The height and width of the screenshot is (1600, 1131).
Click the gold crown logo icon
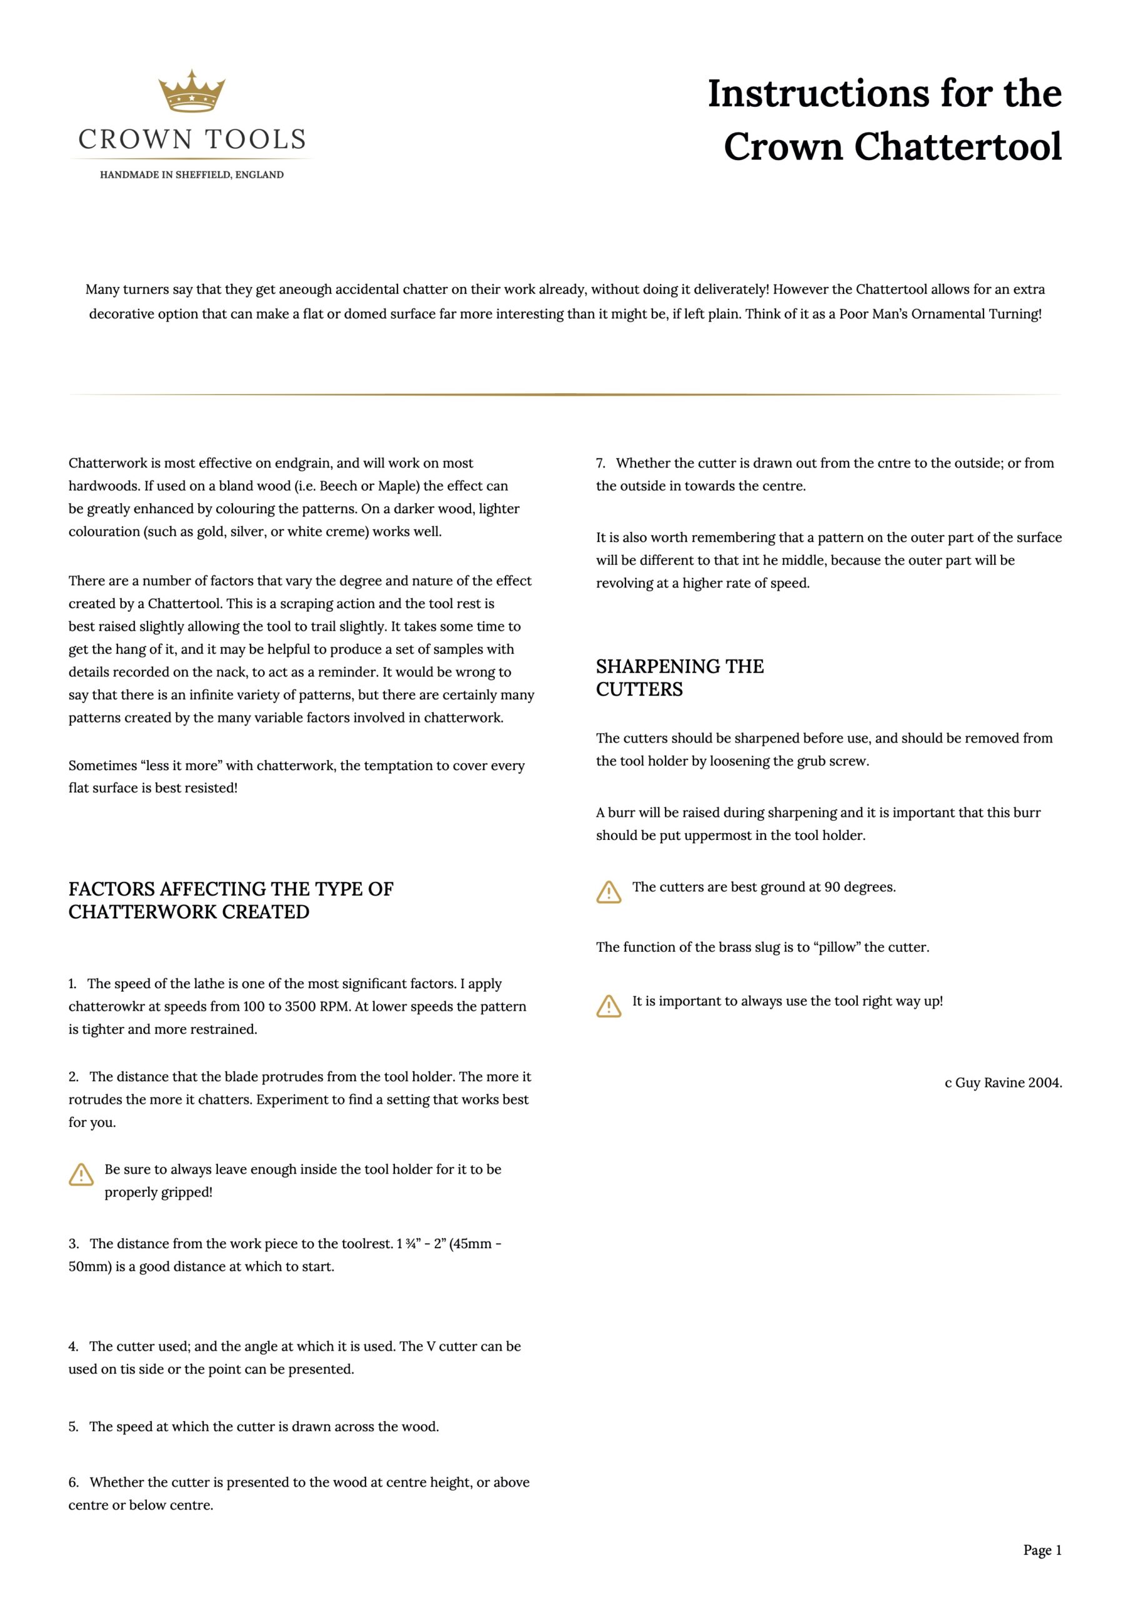tap(192, 91)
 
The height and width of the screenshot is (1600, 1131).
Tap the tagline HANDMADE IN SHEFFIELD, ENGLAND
tap(192, 175)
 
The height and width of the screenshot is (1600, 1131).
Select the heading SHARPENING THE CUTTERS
tap(679, 677)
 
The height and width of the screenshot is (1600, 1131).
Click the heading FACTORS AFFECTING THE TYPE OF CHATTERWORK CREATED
tap(231, 901)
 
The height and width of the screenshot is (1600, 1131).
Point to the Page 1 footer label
tap(1042, 1550)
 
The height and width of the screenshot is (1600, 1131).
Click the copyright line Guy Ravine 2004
tap(1003, 1083)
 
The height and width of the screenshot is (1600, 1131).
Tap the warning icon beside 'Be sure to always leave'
tap(81, 1175)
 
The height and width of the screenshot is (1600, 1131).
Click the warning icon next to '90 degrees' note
tap(609, 892)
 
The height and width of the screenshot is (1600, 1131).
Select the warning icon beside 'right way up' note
tap(609, 1006)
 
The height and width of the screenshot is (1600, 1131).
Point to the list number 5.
tap(73, 1427)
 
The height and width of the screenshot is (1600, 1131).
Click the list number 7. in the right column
tap(600, 463)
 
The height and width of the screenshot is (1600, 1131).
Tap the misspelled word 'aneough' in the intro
tap(305, 289)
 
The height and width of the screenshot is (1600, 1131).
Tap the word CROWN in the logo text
tap(134, 140)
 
